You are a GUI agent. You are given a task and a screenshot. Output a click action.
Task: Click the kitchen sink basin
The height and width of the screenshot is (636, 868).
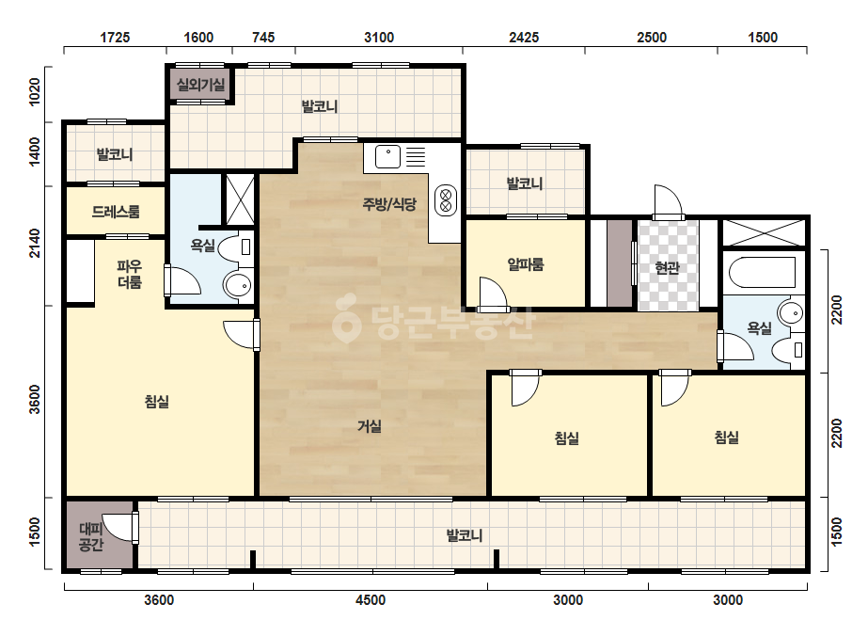point(387,157)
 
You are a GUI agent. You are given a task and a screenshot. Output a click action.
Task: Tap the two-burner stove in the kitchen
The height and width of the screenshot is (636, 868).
point(446,200)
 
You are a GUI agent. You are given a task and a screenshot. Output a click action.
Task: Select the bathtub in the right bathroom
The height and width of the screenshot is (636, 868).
point(762,273)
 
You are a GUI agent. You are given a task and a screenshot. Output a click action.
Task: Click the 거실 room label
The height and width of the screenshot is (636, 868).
point(370,426)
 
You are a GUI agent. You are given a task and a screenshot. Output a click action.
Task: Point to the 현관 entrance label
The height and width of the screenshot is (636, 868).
point(667,267)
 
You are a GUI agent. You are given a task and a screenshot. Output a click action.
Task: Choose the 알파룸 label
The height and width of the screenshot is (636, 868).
point(526,263)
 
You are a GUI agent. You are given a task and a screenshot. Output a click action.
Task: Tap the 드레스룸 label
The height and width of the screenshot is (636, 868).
point(116,211)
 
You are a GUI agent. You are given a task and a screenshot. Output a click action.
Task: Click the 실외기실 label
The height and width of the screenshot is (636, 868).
point(200,85)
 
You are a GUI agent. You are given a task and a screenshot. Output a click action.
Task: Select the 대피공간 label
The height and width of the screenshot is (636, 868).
point(91,537)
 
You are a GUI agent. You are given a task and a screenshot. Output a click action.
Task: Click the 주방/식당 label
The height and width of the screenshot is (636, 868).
point(389,204)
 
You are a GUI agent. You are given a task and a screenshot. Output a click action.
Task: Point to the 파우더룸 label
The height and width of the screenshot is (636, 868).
point(130,274)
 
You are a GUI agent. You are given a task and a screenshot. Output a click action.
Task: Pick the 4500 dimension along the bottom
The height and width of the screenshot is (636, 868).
point(371,600)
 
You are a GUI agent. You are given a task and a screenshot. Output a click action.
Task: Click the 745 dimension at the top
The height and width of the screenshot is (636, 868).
point(263,37)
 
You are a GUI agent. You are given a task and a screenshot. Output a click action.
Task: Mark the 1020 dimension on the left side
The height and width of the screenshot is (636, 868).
point(34,92)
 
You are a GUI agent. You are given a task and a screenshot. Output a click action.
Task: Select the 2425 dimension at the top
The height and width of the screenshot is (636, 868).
point(524,37)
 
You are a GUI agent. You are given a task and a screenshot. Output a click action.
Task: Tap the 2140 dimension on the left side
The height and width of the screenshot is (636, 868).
point(34,243)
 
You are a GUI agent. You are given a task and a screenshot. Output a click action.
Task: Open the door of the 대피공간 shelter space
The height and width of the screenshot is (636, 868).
point(134,528)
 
